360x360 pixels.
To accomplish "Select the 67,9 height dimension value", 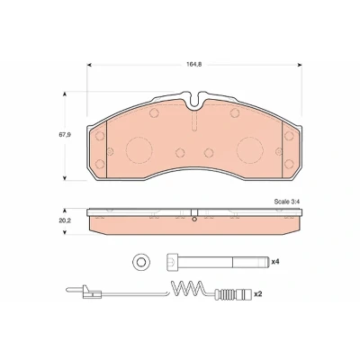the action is tap(65, 135).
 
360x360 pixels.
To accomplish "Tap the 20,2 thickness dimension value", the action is tap(65, 220).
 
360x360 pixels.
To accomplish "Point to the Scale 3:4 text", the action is tap(287, 202).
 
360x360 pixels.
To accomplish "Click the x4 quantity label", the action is tap(275, 262).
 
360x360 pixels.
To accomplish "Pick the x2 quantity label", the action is tap(258, 294).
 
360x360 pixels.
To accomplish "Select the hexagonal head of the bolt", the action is tap(172, 262).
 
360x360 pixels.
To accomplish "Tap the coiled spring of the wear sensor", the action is tap(186, 289).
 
